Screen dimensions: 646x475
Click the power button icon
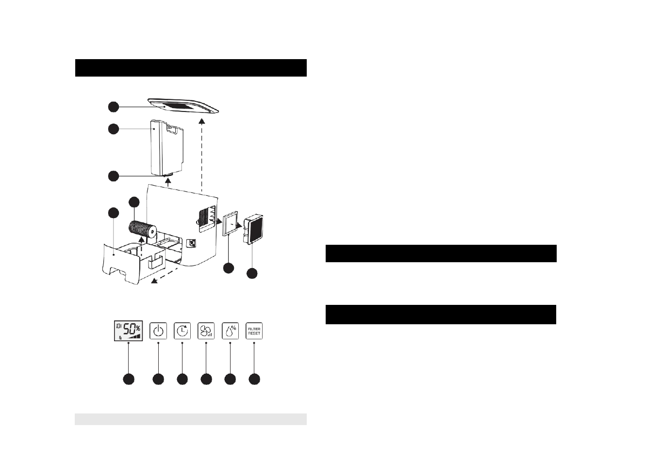pos(158,331)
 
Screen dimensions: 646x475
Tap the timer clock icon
pos(182,331)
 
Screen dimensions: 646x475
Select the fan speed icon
pos(206,331)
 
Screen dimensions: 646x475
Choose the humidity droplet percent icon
pos(230,331)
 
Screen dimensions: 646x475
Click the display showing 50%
pos(128,331)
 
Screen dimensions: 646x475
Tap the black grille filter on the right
pos(254,228)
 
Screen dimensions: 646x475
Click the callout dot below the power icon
pos(158,380)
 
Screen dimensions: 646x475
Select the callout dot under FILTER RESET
pos(254,380)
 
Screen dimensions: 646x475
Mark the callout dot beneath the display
pos(128,380)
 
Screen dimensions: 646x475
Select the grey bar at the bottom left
pos(190,419)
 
